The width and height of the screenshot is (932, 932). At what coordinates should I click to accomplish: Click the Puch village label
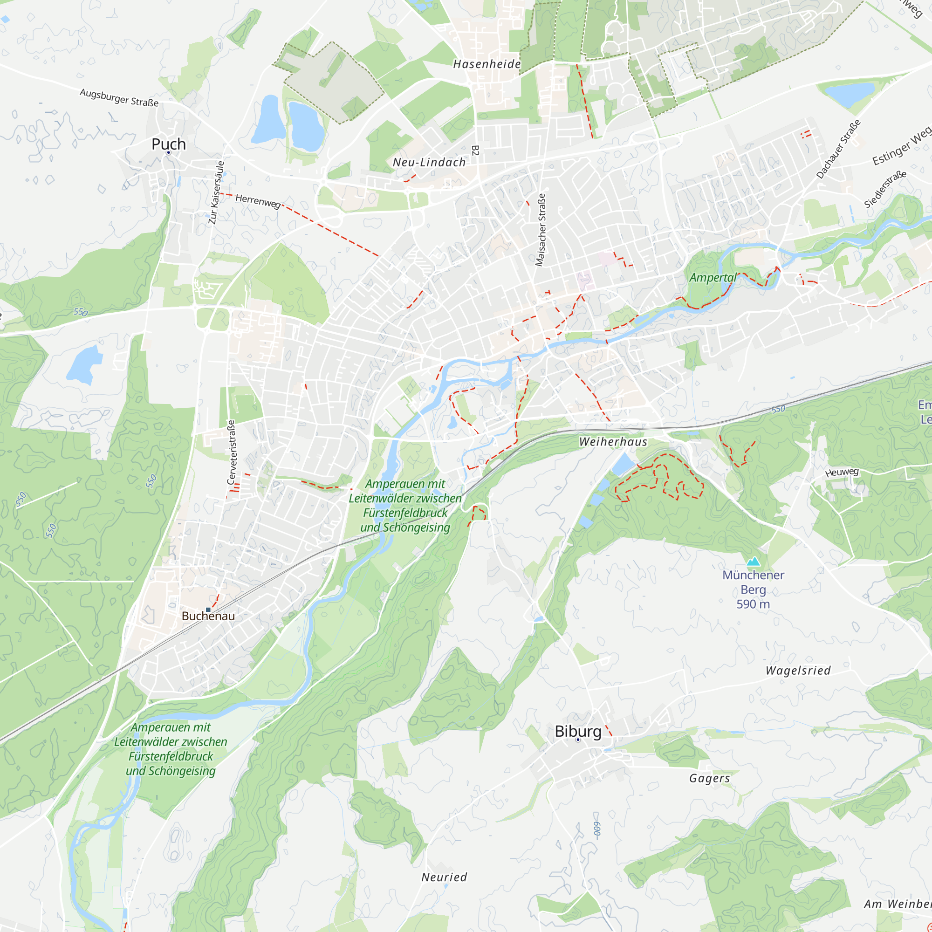[168, 144]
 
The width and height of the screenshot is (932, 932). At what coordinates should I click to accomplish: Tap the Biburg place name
[578, 731]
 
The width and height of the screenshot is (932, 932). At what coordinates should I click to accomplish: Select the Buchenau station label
[208, 616]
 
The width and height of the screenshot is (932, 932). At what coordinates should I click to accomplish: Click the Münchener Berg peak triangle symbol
[753, 562]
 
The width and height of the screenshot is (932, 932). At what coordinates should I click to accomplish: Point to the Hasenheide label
[487, 64]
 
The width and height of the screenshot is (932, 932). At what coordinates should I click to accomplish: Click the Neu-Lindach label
[429, 162]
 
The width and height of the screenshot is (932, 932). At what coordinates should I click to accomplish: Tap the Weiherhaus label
[613, 441]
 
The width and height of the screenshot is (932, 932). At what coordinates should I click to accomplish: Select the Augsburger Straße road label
[119, 97]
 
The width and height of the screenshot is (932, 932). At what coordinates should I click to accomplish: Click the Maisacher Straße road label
[541, 230]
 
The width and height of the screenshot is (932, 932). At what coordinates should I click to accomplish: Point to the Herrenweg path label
[258, 201]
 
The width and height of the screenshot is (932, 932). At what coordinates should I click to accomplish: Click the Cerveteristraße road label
[231, 452]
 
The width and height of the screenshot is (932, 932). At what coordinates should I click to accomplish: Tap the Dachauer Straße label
[838, 149]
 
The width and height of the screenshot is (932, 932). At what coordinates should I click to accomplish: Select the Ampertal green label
[713, 277]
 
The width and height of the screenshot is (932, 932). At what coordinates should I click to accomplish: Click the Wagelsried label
[798, 671]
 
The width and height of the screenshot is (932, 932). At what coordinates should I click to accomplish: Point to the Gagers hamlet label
[709, 778]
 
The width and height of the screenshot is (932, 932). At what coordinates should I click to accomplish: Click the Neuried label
[444, 877]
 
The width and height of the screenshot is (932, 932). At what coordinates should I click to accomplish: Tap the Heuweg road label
[842, 472]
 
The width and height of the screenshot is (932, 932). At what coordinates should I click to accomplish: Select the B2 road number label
[475, 150]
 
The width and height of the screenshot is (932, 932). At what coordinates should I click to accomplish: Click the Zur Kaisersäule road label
[216, 192]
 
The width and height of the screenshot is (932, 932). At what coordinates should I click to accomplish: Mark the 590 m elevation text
[753, 604]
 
